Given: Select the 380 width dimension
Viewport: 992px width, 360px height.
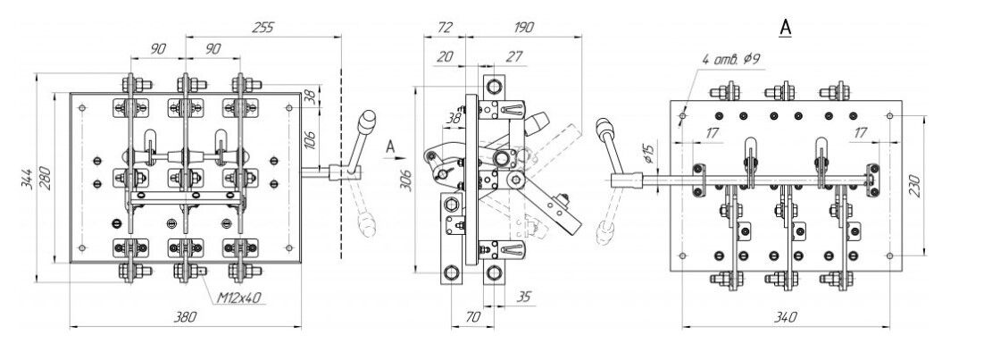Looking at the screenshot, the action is [187, 317].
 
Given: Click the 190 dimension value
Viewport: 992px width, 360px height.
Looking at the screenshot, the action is [523, 27].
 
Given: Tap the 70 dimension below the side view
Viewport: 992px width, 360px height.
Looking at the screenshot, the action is [472, 315].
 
